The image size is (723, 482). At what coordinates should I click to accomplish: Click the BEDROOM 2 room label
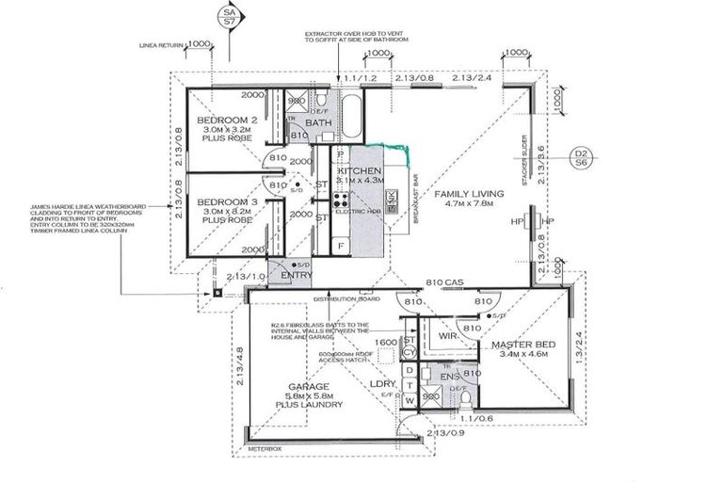tap(221, 122)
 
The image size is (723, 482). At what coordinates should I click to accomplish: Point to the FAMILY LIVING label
tap(469, 194)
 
